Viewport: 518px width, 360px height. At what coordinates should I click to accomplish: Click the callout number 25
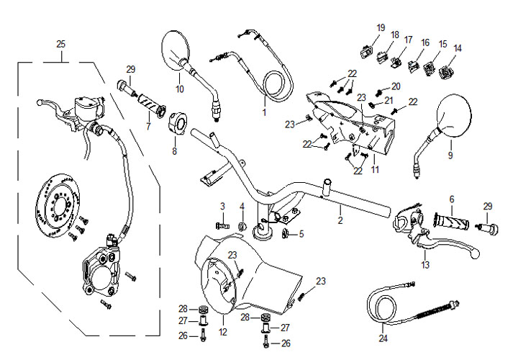pos(60,44)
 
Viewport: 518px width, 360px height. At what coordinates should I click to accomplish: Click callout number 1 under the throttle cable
pos(263,113)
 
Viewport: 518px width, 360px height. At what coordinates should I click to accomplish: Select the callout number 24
pos(383,338)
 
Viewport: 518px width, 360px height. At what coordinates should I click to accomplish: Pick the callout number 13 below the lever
pos(426,266)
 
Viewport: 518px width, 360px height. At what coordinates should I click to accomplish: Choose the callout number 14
pos(458,48)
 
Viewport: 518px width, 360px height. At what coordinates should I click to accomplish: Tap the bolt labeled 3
pos(222,225)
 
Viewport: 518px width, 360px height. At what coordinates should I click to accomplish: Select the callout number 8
pos(173,152)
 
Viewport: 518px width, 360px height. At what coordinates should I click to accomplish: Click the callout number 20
pos(396,86)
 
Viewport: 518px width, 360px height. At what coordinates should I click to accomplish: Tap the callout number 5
pos(301,233)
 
